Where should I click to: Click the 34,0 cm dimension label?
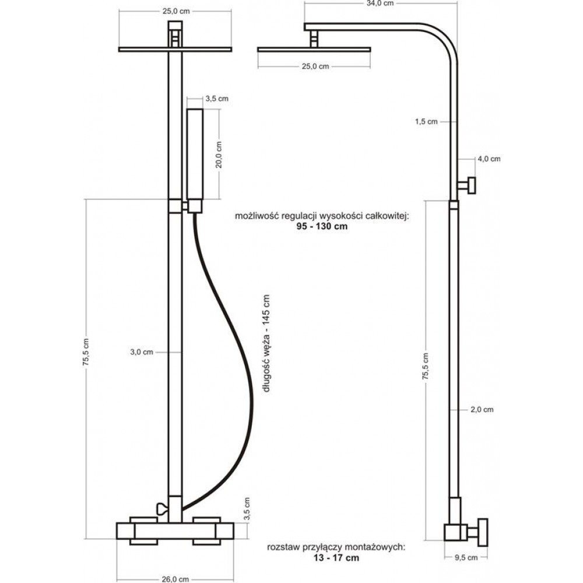(x=380, y=3)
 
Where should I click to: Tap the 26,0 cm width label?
(x=175, y=579)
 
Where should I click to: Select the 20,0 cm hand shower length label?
(x=219, y=154)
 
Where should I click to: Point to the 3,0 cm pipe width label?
(x=142, y=352)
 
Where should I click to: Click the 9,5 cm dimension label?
(x=466, y=557)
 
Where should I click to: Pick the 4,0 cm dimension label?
(x=489, y=159)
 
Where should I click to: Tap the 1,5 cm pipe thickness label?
(x=427, y=122)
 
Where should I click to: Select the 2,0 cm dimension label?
(x=482, y=409)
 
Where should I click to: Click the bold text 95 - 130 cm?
(x=322, y=226)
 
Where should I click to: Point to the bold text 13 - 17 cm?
(x=336, y=557)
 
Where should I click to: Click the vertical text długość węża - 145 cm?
(x=266, y=343)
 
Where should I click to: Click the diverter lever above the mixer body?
(x=163, y=508)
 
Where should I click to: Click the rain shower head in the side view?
(x=314, y=50)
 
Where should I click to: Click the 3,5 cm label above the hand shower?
(x=217, y=99)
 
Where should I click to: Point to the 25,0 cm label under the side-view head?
(x=315, y=66)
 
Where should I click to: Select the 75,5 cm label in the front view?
(x=86, y=352)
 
